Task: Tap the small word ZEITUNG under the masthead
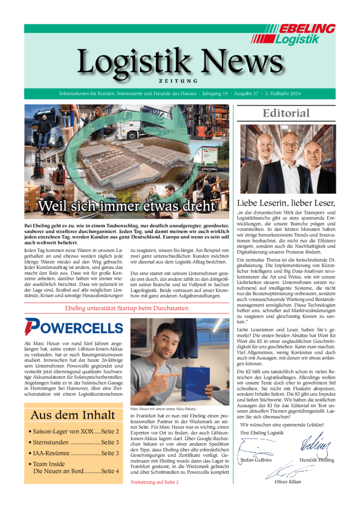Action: point(179,80)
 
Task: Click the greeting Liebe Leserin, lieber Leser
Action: point(286,202)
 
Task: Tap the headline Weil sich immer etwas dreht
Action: point(127,206)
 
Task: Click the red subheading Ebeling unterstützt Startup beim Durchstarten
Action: point(127,308)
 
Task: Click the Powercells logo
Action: point(73,327)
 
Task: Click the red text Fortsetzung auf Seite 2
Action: point(154,482)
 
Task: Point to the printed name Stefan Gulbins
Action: point(257,460)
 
